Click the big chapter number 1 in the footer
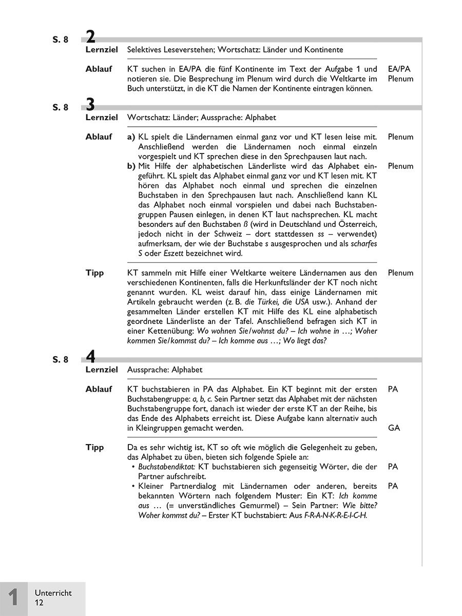[14, 598]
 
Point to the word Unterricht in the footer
[53, 593]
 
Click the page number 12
[40, 603]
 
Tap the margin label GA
[394, 428]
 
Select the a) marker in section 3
[131, 137]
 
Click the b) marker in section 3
[131, 166]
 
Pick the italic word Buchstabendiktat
[167, 467]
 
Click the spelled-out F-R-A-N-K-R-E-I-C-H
[336, 515]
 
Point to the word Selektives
[145, 50]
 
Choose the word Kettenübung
[164, 331]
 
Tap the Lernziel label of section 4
[102, 370]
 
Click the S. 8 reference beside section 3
[60, 107]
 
